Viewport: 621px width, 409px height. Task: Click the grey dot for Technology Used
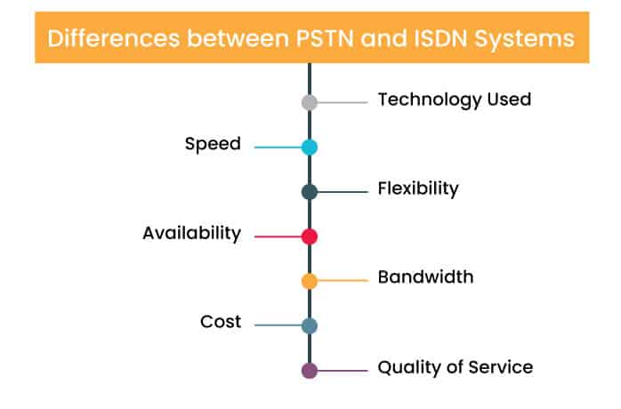[x=310, y=102]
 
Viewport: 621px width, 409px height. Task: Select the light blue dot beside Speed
[x=310, y=147]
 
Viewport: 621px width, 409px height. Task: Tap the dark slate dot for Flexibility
[x=310, y=192]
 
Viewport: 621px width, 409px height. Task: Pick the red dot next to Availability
[x=310, y=237]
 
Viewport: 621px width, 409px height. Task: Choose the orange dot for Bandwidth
[x=310, y=281]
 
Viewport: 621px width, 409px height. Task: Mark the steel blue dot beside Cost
[x=310, y=325]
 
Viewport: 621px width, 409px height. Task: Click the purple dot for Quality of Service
[x=310, y=370]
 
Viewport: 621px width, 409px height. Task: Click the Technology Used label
[x=454, y=100]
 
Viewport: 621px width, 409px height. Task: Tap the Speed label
[x=213, y=144]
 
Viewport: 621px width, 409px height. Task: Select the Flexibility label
[x=417, y=188]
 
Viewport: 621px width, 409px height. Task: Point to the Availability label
[x=191, y=234]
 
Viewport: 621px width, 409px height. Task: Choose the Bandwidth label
[x=425, y=277]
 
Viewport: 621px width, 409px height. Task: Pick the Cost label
[x=221, y=322]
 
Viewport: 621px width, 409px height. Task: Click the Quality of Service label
[x=455, y=366]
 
